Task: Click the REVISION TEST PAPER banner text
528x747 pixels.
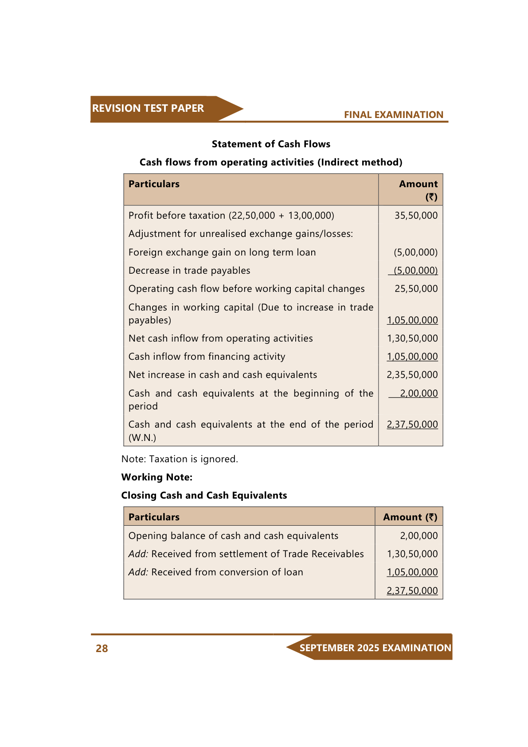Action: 148,108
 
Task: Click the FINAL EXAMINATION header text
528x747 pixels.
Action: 393,115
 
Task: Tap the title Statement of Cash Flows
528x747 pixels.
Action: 271,144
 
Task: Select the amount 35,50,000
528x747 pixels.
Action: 416,216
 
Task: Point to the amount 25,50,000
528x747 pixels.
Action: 416,289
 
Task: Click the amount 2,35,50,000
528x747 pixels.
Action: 412,375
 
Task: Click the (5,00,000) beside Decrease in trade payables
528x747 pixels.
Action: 415,271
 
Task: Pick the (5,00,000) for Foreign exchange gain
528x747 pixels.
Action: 415,252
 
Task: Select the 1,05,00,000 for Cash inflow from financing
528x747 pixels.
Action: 412,357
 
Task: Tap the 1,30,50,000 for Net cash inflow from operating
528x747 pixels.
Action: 412,338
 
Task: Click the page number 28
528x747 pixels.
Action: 102,649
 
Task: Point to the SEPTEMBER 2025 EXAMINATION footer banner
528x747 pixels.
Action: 375,648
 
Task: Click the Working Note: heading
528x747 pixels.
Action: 157,477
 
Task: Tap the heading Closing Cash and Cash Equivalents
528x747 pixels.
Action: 204,495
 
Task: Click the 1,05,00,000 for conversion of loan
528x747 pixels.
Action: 412,572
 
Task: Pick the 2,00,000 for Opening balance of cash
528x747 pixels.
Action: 418,536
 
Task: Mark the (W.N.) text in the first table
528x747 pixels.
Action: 142,438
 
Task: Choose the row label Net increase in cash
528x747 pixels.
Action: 223,375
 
